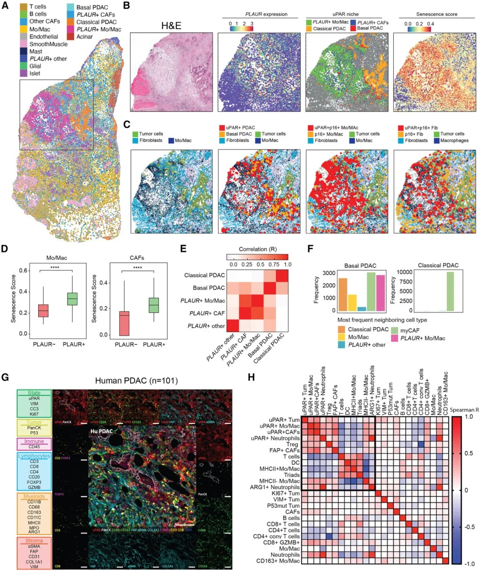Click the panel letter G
6,377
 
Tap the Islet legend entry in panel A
35,73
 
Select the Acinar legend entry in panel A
84,36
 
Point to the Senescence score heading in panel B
436,14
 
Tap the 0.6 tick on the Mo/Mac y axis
23,271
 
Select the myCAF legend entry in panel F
410,330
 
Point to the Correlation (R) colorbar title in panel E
259,249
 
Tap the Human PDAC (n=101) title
136,381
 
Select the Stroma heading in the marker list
34,541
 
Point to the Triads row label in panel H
292,475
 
